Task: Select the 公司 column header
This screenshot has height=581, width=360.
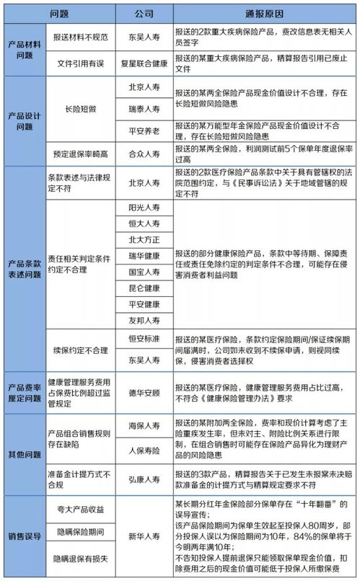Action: pyautogui.click(x=144, y=14)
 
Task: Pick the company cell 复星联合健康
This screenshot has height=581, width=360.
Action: pyautogui.click(x=144, y=64)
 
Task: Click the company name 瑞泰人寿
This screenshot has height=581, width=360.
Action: pyautogui.click(x=144, y=114)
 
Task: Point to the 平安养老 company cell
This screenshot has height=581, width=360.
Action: pyautogui.click(x=144, y=133)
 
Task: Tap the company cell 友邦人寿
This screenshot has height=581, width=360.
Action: pyautogui.click(x=144, y=319)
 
